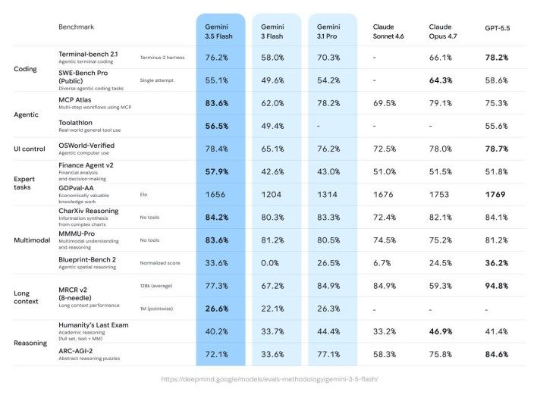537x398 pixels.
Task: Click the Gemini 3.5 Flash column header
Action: [218, 32]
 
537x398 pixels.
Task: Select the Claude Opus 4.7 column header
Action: [443, 32]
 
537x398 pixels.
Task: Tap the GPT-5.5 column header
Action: [498, 28]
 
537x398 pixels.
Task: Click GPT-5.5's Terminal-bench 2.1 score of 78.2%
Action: [497, 58]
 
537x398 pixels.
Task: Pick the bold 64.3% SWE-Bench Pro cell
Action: [441, 80]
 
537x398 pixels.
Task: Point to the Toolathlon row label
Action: [75, 123]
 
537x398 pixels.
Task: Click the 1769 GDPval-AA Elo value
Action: [495, 194]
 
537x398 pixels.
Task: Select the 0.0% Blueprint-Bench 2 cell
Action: [270, 263]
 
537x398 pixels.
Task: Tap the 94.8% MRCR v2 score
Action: [497, 286]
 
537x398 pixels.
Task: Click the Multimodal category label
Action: [32, 240]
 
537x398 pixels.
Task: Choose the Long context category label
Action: [26, 297]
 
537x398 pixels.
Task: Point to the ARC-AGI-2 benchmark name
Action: [76, 351]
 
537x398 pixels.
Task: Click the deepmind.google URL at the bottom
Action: [269, 379]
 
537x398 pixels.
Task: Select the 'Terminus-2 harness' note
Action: [162, 58]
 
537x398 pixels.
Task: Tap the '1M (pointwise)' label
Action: [156, 309]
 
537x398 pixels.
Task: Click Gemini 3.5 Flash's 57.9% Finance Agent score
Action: [217, 171]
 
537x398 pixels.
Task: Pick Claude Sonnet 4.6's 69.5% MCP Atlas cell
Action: [385, 103]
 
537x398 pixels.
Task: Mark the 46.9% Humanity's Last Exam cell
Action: [441, 331]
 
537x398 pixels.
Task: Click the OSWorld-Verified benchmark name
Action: [86, 146]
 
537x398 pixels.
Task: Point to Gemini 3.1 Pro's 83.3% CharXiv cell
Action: [328, 218]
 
